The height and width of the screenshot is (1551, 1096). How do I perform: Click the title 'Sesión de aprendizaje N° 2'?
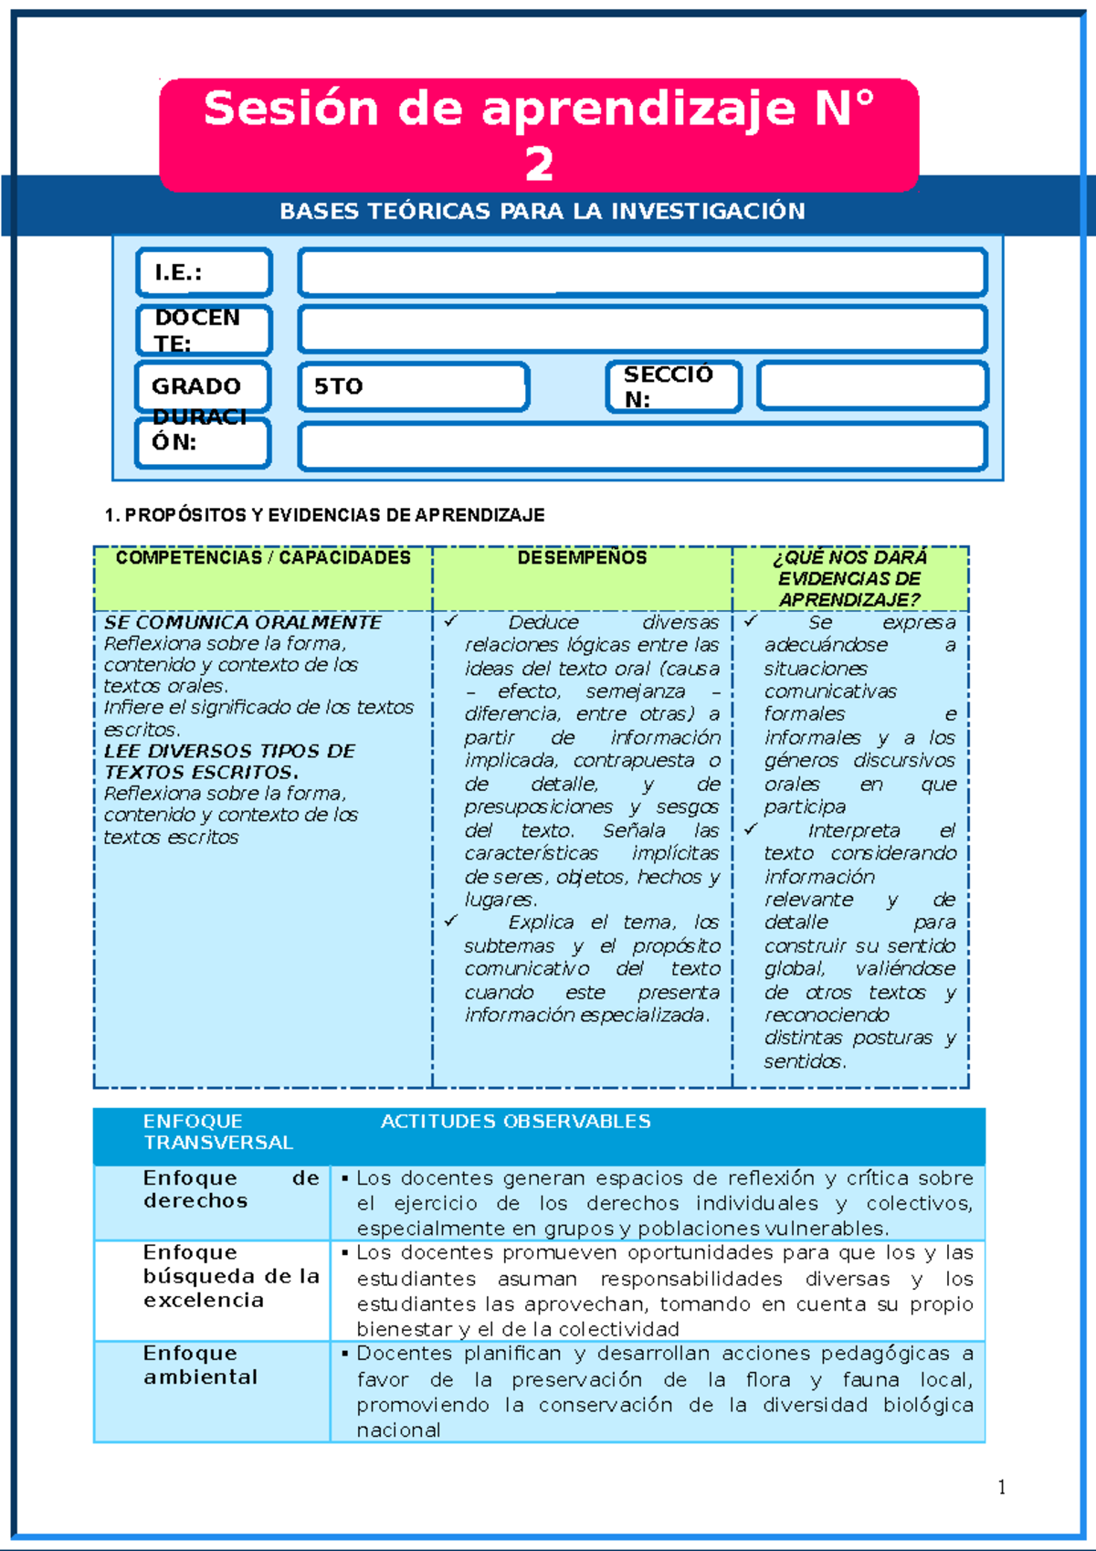click(539, 134)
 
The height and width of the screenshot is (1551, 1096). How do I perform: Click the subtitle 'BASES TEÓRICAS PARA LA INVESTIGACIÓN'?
click(543, 211)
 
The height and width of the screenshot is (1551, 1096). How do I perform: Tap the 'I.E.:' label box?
click(204, 272)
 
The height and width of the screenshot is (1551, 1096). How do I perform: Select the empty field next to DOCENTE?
click(642, 329)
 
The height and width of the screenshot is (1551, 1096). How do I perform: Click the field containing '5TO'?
click(413, 386)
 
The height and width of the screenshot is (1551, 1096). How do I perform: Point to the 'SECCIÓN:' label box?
click(673, 386)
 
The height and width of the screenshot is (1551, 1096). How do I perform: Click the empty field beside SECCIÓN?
click(872, 386)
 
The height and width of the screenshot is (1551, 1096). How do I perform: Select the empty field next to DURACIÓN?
click(642, 447)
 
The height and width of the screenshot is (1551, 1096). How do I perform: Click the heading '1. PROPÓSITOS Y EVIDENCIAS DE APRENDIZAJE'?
click(325, 515)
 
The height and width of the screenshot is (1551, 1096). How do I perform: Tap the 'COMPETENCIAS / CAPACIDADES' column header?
click(263, 558)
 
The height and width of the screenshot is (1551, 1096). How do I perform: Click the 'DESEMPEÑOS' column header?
click(582, 558)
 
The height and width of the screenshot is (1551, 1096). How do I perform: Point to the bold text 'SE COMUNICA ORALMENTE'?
click(243, 622)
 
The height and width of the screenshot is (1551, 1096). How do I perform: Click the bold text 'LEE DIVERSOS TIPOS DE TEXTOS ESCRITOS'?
click(230, 761)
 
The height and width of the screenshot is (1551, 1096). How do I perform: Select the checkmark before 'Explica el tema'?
click(450, 921)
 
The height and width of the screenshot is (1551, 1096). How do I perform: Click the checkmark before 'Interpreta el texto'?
click(751, 829)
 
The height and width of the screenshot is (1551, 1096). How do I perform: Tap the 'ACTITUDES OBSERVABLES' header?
click(515, 1121)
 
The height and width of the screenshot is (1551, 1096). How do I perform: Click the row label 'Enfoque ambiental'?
click(200, 1365)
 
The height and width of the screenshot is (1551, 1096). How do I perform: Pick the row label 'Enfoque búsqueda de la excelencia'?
click(231, 1275)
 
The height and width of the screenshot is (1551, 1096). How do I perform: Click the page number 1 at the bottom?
click(1002, 1487)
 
